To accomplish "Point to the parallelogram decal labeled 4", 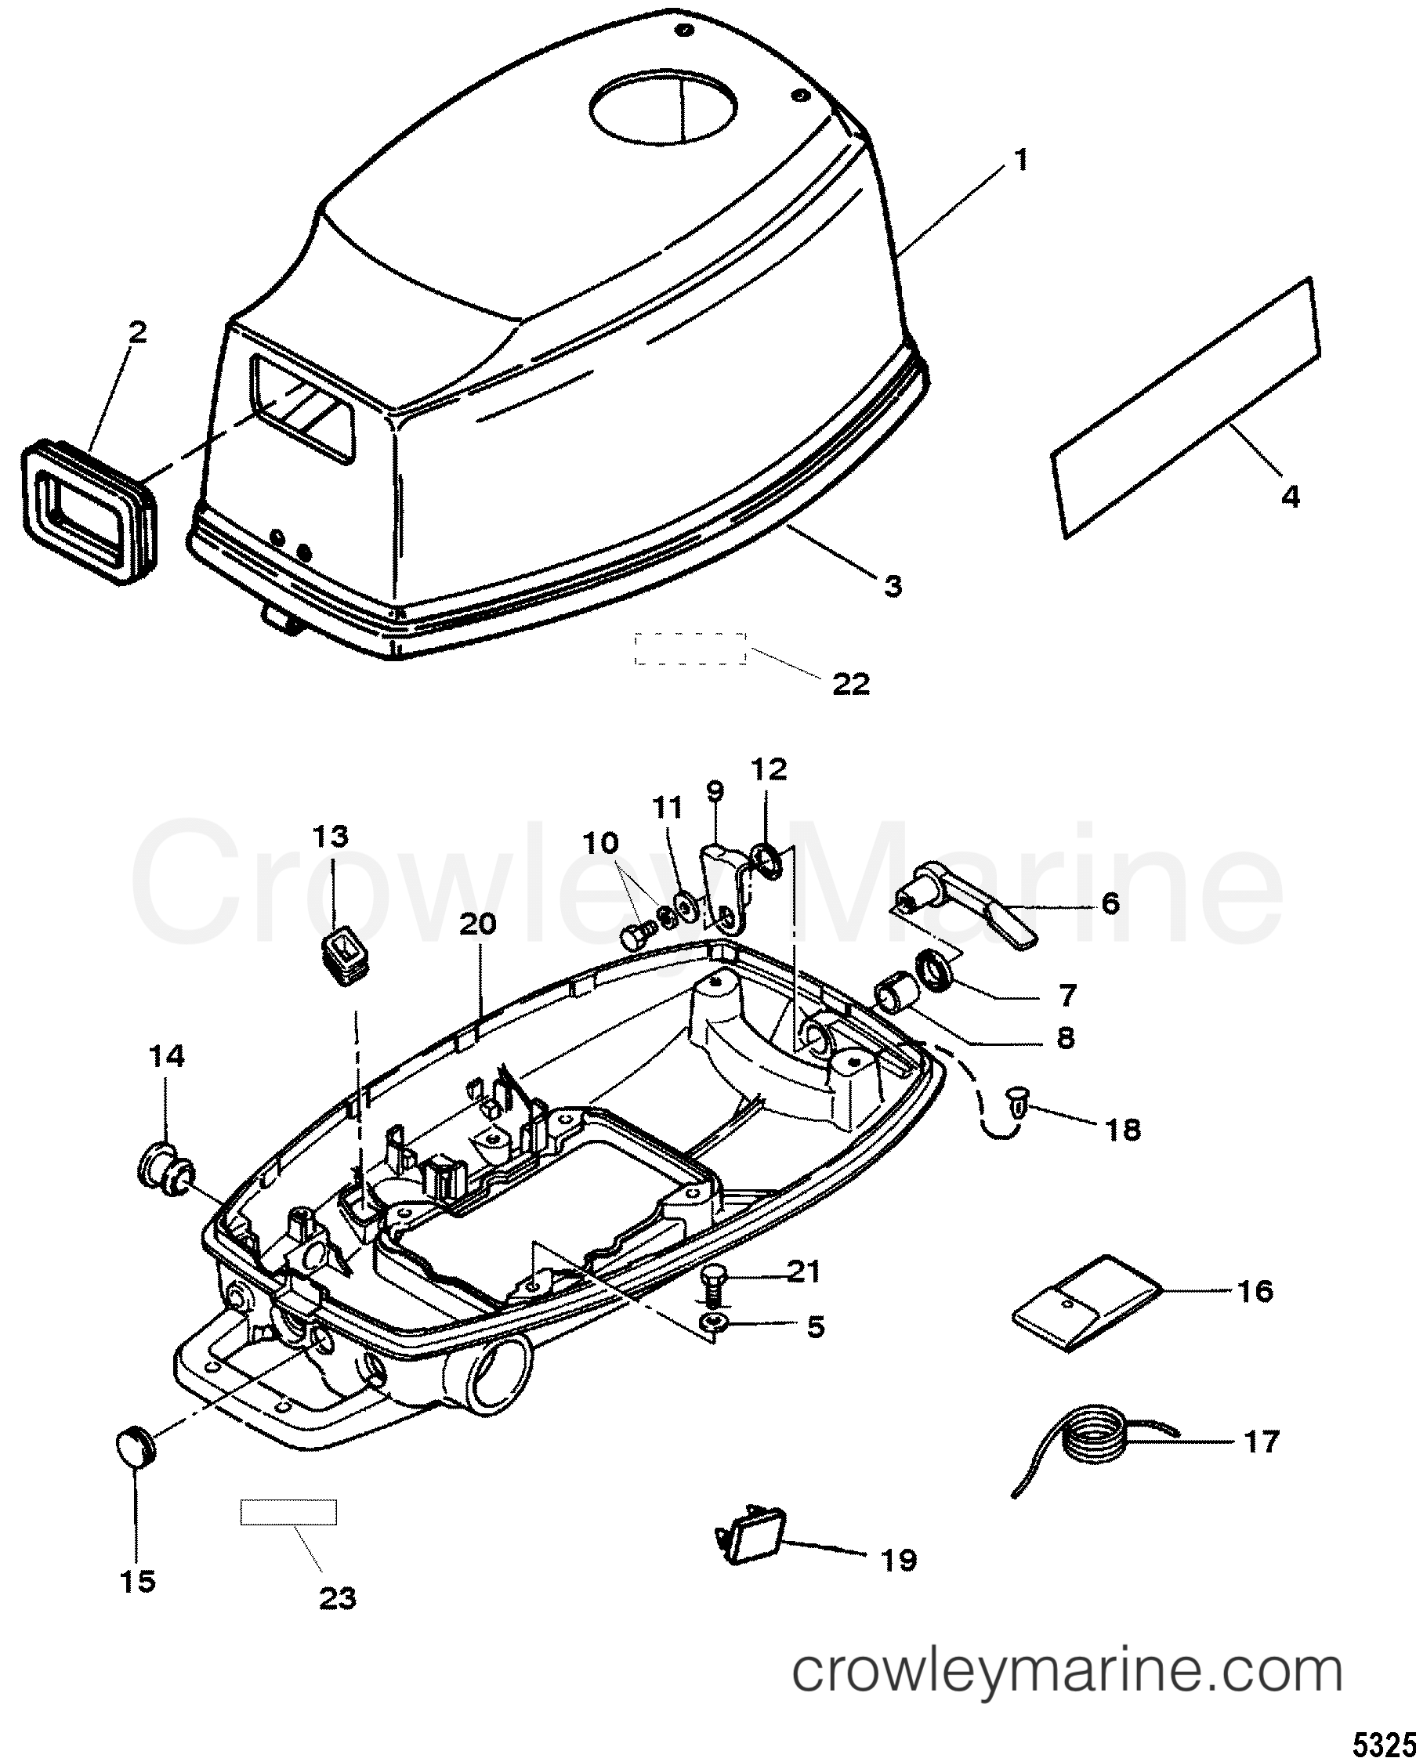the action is (1184, 407).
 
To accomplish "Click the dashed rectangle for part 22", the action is (691, 647).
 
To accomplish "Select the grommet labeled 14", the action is (165, 1177).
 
